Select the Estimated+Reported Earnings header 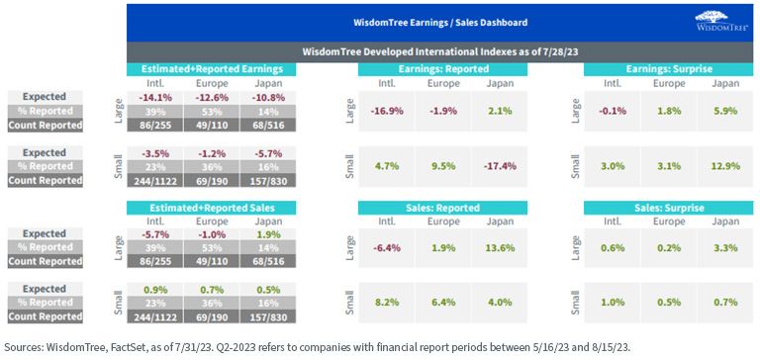(212, 69)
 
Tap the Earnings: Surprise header (669, 69)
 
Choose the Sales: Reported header (442, 208)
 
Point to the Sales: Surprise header (669, 208)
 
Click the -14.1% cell (155, 97)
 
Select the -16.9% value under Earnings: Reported (386, 111)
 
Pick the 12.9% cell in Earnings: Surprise (726, 166)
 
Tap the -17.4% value (500, 166)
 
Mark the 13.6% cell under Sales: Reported (500, 248)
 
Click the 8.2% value (386, 303)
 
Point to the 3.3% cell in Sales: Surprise (726, 248)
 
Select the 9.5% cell (443, 166)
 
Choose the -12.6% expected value (212, 97)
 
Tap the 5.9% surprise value (726, 111)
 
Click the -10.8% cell (268, 97)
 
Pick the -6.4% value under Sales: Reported (386, 248)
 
